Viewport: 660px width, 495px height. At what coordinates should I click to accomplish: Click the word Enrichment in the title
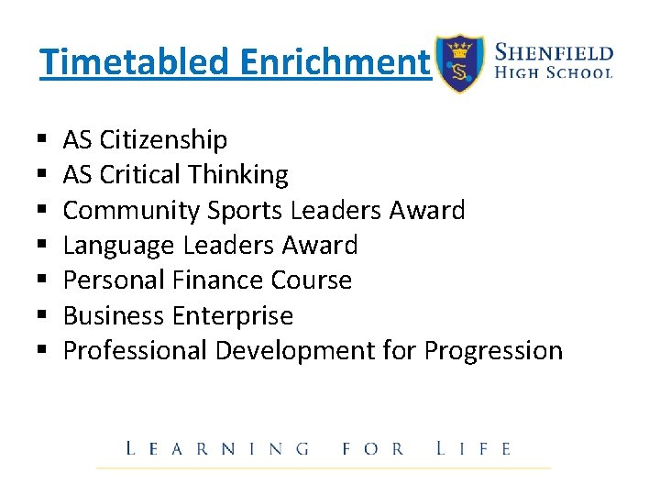(335, 62)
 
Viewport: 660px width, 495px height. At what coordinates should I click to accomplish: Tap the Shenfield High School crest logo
(458, 64)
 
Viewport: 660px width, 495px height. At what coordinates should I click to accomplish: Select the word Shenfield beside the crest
(554, 51)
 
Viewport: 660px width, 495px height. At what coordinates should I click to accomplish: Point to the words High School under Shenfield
(554, 71)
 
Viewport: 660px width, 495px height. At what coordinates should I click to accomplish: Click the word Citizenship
(163, 140)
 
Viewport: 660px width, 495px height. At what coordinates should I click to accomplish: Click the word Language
(119, 246)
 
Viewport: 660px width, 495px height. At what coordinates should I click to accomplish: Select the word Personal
(115, 280)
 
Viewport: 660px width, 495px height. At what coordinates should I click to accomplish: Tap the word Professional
(135, 350)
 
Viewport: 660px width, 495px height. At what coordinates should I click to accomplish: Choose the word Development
(295, 350)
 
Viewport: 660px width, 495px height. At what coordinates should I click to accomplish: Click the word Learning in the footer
(217, 448)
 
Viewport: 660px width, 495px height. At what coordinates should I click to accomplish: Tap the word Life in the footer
(474, 448)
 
